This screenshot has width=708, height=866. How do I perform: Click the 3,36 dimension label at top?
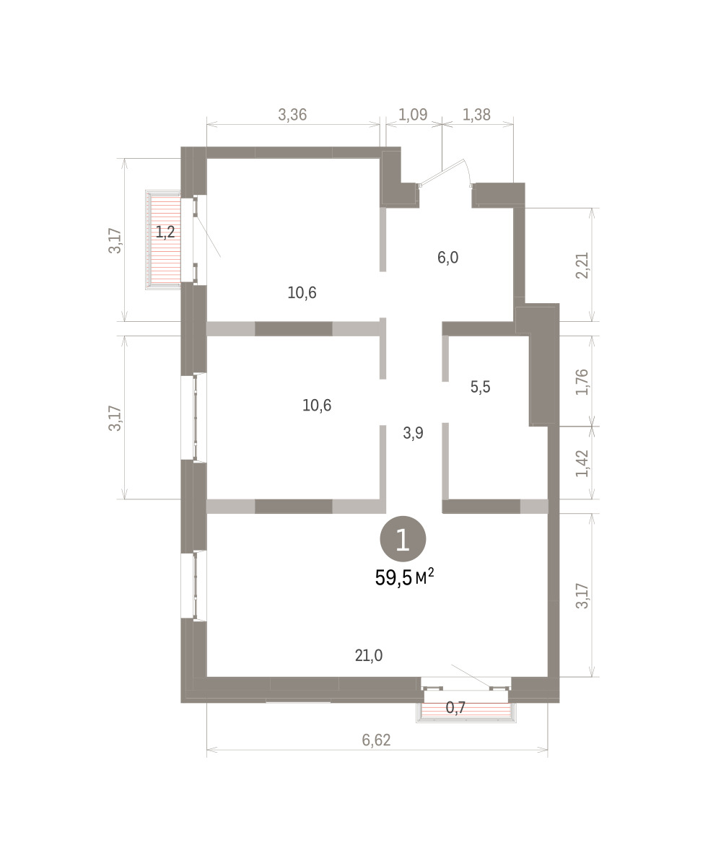point(292,115)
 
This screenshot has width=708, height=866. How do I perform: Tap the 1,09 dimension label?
point(413,115)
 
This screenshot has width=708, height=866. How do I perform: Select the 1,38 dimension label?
point(476,115)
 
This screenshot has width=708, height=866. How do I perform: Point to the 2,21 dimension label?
point(582,266)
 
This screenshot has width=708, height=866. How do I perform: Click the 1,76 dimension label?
point(582,382)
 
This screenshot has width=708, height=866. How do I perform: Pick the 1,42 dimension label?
point(582,463)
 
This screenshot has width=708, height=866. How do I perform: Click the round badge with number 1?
point(403,539)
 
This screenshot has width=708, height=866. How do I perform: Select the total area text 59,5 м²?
point(404,577)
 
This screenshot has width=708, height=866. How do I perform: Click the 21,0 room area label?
point(369,655)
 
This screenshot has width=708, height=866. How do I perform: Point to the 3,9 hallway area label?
point(413,433)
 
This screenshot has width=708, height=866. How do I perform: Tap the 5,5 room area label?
point(481,387)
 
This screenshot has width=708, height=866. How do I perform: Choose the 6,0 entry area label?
point(447,258)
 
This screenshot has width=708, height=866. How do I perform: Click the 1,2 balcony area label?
point(165,232)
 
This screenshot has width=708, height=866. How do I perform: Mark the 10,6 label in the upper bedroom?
point(302,293)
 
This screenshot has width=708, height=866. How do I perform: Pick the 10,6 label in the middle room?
point(317,406)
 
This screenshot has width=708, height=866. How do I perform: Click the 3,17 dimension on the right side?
point(582,596)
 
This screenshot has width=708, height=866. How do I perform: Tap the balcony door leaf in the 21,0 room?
point(471,675)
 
